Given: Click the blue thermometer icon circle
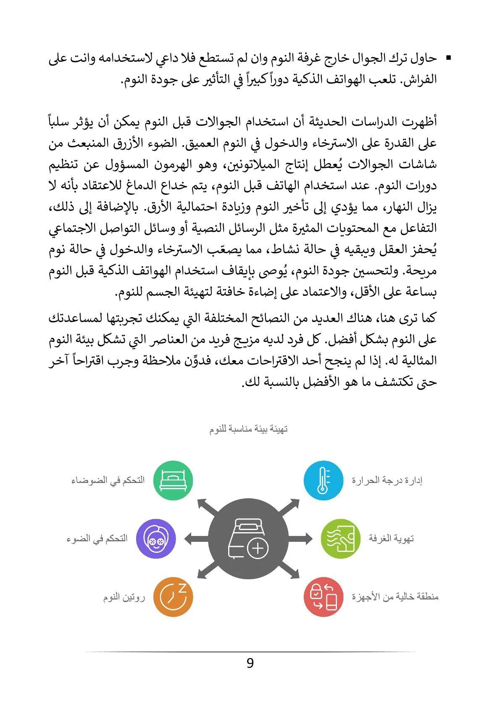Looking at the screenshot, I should pyautogui.click(x=323, y=480).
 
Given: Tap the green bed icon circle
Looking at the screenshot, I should pyautogui.click(x=173, y=480).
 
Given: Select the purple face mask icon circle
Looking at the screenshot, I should pyautogui.click(x=156, y=538).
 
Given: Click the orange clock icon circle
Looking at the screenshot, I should pyautogui.click(x=173, y=597).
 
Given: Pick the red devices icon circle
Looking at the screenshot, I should pyautogui.click(x=323, y=597).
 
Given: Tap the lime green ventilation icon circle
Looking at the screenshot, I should pyautogui.click(x=340, y=538).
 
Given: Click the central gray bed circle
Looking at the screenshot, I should pyautogui.click(x=248, y=538).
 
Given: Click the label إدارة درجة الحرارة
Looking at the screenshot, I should pyautogui.click(x=387, y=480).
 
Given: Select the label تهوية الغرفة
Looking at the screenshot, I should pyautogui.click(x=391, y=538).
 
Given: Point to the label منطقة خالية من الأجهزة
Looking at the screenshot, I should pyautogui.click(x=395, y=597).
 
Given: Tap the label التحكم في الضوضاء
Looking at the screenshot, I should pyautogui.click(x=108, y=480).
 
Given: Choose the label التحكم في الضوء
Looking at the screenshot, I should pyautogui.click(x=97, y=538).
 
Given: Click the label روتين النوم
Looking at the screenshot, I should pyautogui.click(x=124, y=597).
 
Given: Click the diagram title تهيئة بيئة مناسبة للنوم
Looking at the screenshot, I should pyautogui.click(x=248, y=430).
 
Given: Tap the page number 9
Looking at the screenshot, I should pyautogui.click(x=250, y=663).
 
